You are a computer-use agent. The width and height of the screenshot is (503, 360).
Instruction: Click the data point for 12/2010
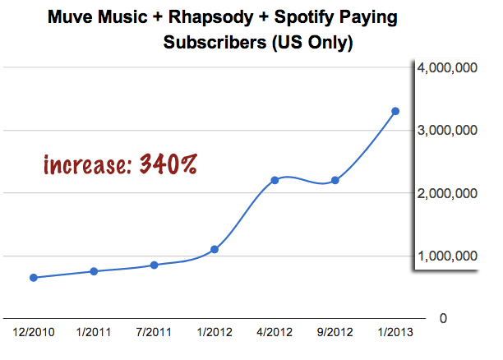tap(34, 278)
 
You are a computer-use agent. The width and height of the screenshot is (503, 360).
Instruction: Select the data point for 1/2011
tap(95, 271)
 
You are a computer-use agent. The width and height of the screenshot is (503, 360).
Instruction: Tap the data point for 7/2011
tap(154, 265)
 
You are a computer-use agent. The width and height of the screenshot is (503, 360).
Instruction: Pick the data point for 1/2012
tap(215, 249)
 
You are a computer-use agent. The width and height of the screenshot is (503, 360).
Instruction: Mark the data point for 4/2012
tap(275, 180)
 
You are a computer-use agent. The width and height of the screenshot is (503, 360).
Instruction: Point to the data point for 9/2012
tap(335, 180)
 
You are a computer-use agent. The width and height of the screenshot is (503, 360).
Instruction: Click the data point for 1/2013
tap(395, 111)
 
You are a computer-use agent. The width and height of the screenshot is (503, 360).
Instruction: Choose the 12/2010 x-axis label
tap(34, 333)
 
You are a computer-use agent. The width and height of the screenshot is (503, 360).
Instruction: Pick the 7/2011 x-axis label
tap(154, 333)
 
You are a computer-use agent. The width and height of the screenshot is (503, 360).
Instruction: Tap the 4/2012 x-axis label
tap(275, 333)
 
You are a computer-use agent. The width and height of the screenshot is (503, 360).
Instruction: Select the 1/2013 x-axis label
tap(395, 333)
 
